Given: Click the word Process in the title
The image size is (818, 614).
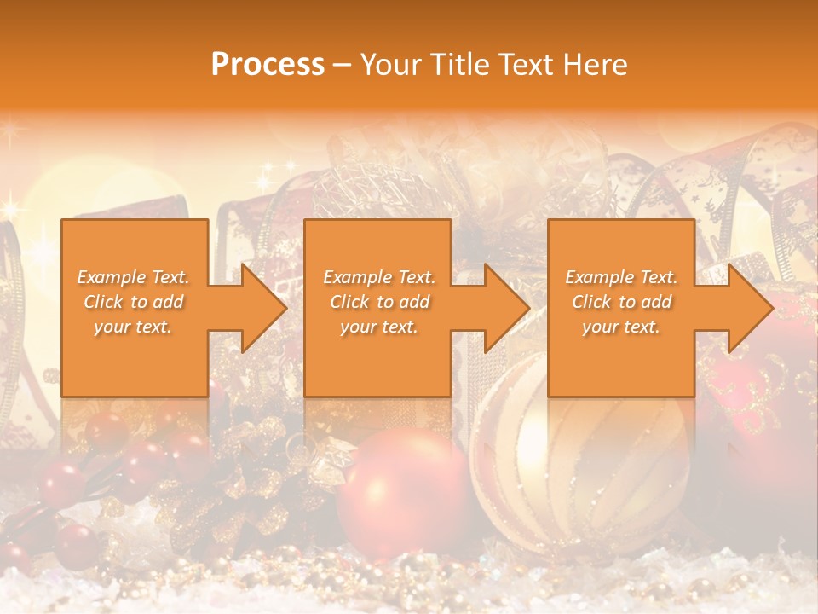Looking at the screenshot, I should click(268, 65).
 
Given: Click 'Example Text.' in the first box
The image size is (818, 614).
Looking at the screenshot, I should click(133, 277).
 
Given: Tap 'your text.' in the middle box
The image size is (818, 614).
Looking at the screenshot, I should click(378, 327).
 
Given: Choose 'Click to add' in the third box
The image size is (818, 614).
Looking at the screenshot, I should click(621, 302).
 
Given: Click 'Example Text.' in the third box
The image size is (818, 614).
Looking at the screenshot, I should click(621, 277).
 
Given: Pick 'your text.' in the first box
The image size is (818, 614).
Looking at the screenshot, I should click(133, 327).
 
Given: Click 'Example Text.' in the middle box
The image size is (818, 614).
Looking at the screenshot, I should click(378, 277).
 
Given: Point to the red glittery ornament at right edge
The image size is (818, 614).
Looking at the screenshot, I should click(771, 401).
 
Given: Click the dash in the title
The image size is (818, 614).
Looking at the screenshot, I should click(342, 66).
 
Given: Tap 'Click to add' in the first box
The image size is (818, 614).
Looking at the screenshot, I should click(133, 302).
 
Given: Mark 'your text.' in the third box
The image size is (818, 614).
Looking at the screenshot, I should click(621, 327).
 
